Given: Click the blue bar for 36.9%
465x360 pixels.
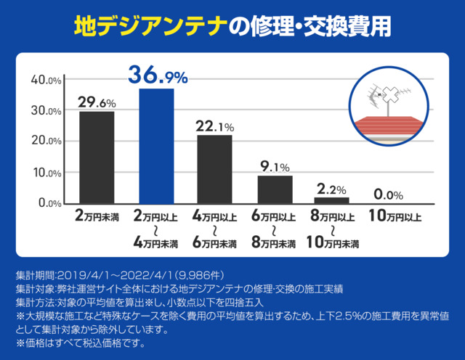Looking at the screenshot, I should pos(156,145).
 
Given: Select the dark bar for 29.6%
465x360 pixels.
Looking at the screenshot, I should pos(97,157).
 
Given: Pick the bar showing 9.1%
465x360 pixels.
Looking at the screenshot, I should pos(275,189).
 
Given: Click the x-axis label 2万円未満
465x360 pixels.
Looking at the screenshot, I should pos(97,216).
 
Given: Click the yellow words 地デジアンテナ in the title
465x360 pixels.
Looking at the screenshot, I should pos(150,26).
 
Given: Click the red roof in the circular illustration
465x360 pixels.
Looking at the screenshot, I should pos(392,124).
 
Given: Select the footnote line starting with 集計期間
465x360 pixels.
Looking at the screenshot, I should pos(124,277).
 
